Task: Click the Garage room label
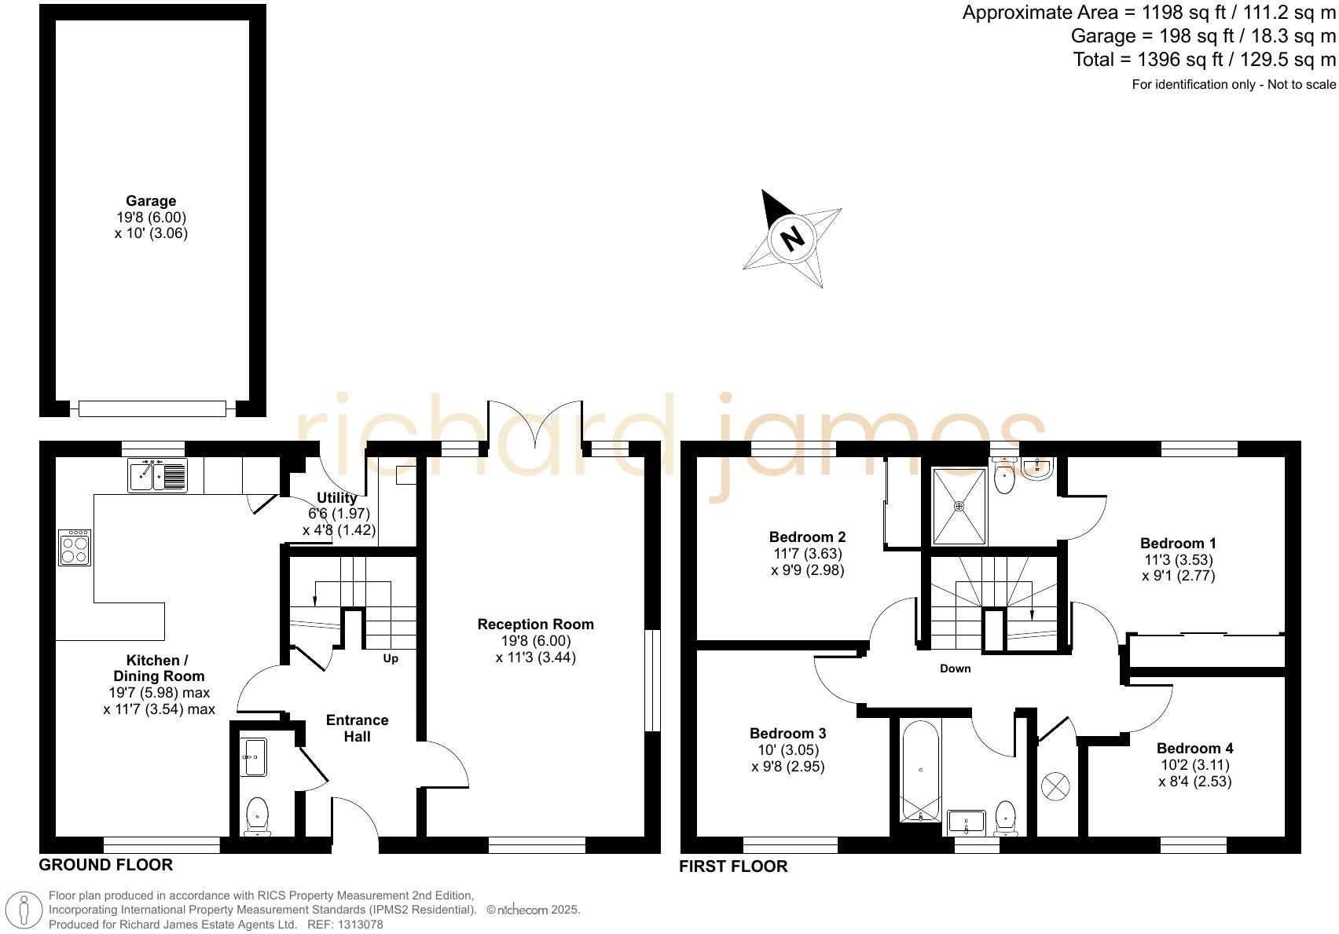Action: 151,201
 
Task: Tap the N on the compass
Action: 793,238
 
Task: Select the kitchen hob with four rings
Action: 75,547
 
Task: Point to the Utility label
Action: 337,497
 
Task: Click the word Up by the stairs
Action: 391,658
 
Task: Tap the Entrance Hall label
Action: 358,728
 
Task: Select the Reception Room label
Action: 535,624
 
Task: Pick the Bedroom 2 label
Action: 807,537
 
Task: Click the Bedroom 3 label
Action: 787,734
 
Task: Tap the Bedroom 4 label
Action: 1194,749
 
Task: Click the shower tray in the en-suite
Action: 959,506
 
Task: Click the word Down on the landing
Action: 956,668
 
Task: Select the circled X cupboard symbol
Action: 1055,786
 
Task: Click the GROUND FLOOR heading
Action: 106,865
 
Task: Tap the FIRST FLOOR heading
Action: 733,866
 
